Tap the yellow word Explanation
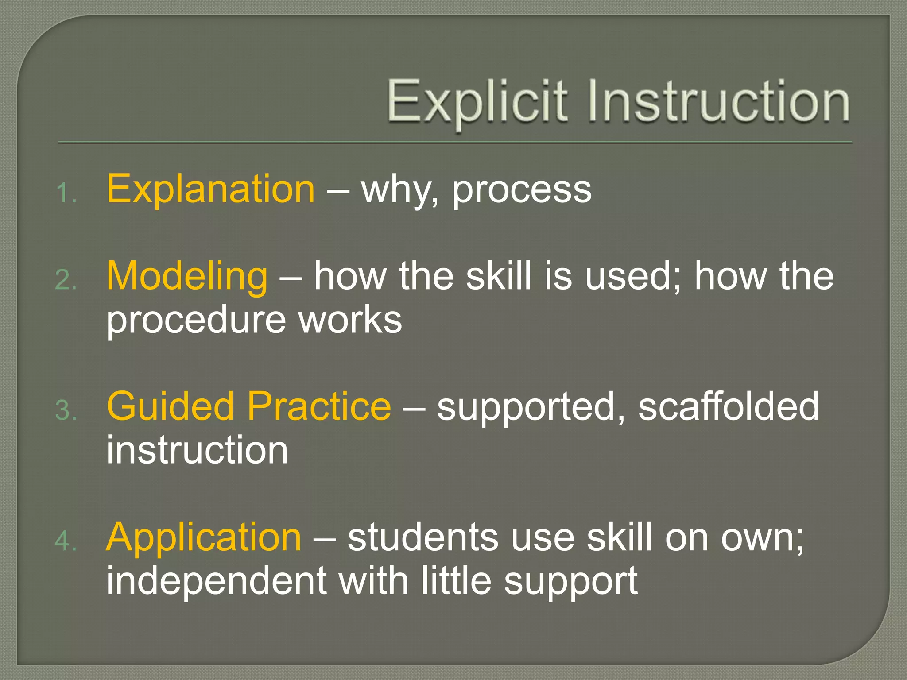click(211, 189)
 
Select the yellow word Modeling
click(187, 277)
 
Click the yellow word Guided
click(170, 406)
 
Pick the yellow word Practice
click(319, 406)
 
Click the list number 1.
click(66, 193)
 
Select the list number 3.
click(66, 410)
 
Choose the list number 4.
click(66, 541)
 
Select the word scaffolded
click(729, 406)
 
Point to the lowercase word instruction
click(197, 450)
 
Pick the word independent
click(216, 581)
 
